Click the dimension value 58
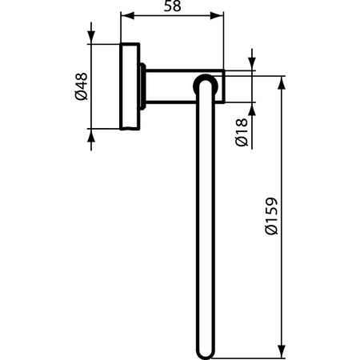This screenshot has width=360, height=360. (171, 6)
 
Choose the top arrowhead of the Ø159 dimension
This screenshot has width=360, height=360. (282, 82)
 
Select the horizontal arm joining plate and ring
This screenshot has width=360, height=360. (172, 86)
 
